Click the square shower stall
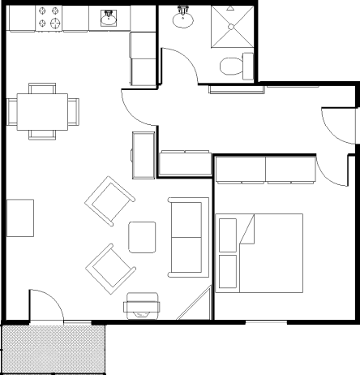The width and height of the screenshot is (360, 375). pos(234,29)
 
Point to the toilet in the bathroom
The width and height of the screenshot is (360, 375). pos(237,67)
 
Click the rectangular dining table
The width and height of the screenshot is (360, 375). pos(39,111)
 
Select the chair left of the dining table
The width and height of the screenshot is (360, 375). pos(11,111)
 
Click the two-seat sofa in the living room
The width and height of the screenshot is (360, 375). pos(186,235)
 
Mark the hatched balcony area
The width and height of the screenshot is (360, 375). pos(54,349)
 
